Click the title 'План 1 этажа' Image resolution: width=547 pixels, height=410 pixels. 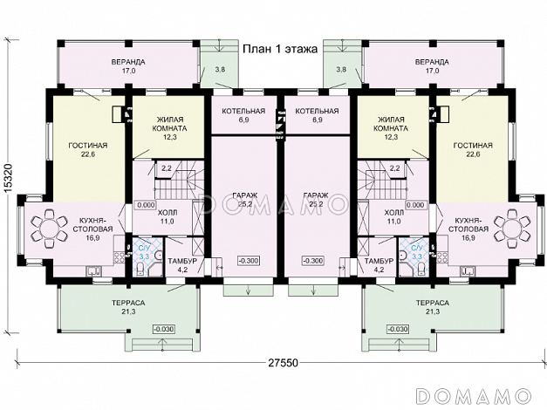click(x=280, y=49)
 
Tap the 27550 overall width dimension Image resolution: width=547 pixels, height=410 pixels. click(x=284, y=363)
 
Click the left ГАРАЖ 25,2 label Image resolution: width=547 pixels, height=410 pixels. click(x=244, y=200)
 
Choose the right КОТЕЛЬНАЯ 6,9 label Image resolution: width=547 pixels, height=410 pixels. click(x=317, y=115)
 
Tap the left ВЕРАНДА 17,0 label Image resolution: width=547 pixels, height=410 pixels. click(x=128, y=66)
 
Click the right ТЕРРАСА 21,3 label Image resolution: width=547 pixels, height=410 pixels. click(x=432, y=307)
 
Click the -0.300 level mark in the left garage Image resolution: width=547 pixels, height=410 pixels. click(x=250, y=261)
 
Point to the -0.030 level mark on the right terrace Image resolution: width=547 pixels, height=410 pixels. click(x=397, y=329)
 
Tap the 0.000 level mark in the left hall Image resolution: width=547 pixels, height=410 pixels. click(x=146, y=205)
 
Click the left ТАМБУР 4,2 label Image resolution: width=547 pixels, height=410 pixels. click(x=182, y=265)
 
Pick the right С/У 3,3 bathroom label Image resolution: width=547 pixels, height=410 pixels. click(x=417, y=252)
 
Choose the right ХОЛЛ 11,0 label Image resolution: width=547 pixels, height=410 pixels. click(x=393, y=216)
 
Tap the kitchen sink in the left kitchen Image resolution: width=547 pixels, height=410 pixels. click(x=94, y=270)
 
